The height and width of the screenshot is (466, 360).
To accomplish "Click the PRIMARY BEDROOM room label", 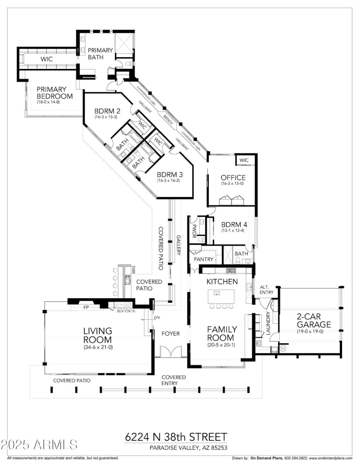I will tap(54, 93).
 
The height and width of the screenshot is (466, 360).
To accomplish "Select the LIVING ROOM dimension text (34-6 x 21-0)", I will tap(97, 347).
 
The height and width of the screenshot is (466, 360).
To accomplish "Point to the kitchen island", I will tap(221, 296).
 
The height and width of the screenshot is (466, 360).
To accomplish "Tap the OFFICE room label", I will tap(233, 177).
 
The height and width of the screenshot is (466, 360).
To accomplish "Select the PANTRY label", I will tap(203, 260).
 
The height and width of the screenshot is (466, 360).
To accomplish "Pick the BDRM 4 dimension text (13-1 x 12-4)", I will tap(233, 231).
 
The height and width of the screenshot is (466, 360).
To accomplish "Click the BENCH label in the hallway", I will tap(168, 119).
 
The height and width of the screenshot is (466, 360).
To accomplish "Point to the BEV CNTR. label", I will tap(126, 311).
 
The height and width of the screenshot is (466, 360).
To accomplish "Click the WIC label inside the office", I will tap(244, 160).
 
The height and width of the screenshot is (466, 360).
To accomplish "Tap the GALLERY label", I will tap(179, 245).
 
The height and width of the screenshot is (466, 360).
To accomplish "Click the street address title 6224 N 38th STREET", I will tap(176, 437).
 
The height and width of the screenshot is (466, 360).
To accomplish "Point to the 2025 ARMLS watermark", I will tap(39, 445).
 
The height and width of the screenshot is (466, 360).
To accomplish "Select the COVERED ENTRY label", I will tap(174, 380).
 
